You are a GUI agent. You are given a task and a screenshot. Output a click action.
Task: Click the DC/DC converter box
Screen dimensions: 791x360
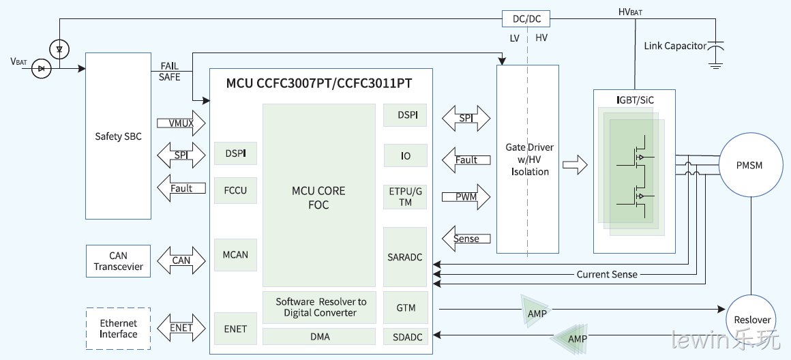526,18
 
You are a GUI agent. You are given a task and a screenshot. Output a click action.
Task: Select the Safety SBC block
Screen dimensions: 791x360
118,136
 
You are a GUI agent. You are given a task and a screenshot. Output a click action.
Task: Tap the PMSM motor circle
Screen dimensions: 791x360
749,166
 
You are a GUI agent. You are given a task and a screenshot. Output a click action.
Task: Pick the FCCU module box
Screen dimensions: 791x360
235,191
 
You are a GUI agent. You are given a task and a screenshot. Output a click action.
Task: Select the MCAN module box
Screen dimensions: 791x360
235,254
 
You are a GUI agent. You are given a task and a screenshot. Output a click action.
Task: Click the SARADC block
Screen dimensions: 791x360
405,257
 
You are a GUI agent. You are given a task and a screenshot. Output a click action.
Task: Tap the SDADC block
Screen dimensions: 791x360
405,336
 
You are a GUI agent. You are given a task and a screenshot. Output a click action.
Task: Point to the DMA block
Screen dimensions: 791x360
319,336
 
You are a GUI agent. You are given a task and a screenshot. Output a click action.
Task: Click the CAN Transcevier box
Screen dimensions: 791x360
119,261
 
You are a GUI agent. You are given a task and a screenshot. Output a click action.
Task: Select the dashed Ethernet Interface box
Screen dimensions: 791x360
119,329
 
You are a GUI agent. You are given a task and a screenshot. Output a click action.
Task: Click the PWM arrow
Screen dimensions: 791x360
466,197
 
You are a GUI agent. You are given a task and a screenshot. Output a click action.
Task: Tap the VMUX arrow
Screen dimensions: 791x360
181,123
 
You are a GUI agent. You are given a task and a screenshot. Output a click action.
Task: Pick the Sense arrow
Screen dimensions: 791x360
466,239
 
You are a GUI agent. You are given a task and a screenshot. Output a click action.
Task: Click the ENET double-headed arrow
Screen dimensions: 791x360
181,328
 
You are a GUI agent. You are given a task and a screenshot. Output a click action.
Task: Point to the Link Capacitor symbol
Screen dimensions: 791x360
715,51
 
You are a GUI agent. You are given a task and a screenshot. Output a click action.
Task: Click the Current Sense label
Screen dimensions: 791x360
607,275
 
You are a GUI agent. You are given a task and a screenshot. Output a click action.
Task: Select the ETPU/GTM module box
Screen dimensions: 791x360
405,197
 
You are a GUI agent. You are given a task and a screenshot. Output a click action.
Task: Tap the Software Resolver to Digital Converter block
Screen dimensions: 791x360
319,307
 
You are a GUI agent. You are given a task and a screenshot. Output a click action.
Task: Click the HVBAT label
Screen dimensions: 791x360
631,12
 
